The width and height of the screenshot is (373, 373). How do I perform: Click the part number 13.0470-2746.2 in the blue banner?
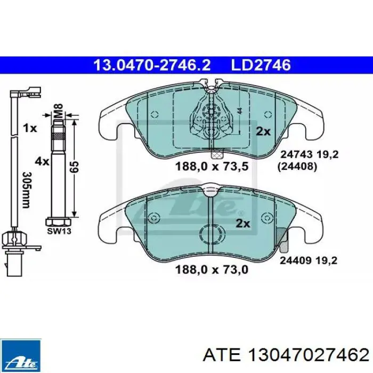[x=152, y=65]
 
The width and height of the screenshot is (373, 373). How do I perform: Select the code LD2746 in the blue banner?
[x=261, y=65]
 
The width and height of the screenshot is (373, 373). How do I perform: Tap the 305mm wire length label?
[x=27, y=190]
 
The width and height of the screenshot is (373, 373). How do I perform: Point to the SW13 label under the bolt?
[x=59, y=231]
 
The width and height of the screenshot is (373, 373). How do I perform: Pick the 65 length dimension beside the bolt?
[x=74, y=167]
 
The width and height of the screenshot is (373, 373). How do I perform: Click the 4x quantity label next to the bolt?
[x=42, y=162]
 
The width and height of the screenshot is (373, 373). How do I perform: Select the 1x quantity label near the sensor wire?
[x=30, y=128]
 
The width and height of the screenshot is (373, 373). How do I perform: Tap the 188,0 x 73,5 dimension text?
[x=212, y=166]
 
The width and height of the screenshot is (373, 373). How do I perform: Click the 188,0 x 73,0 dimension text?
[x=212, y=270]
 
